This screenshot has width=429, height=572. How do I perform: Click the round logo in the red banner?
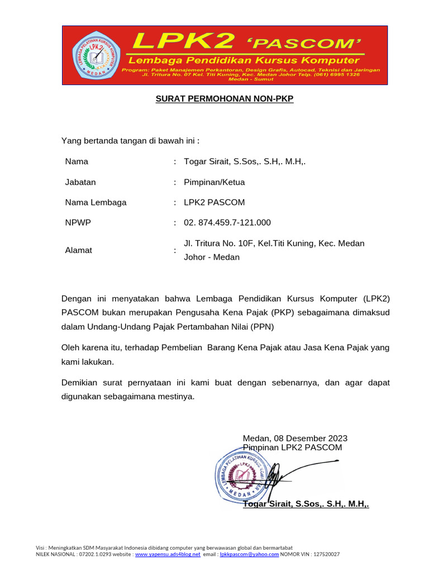click(x=96, y=56)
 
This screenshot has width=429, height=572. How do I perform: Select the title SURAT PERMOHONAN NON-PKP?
click(x=224, y=99)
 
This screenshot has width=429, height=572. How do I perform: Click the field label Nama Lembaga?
click(x=96, y=202)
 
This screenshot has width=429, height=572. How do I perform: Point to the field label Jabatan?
click(x=80, y=182)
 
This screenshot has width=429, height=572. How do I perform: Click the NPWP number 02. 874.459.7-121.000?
click(x=227, y=222)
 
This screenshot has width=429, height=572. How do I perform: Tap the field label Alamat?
click(x=78, y=250)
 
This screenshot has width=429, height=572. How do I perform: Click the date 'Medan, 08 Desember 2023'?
click(x=295, y=438)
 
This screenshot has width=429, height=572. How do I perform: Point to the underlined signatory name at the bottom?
click(x=306, y=504)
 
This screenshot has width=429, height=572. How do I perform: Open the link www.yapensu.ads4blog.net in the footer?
click(x=168, y=554)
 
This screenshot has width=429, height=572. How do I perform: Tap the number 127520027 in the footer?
click(x=327, y=554)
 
